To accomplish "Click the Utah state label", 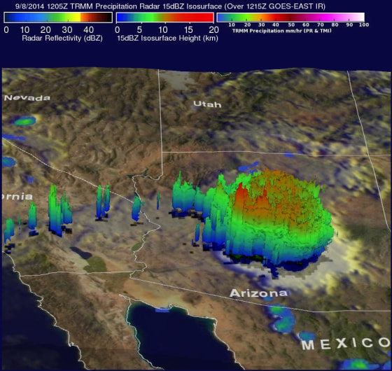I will [x=207, y=104].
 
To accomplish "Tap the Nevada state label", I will [x=27, y=98].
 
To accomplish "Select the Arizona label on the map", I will [x=258, y=293].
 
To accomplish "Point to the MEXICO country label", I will [x=346, y=344].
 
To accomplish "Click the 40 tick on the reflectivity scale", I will [x=88, y=29].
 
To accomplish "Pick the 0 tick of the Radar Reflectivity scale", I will [x=6, y=29].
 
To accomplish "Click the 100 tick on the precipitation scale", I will [x=363, y=24].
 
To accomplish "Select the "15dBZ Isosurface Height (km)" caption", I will [x=165, y=40].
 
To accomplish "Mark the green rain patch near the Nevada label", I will [x=25, y=122].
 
